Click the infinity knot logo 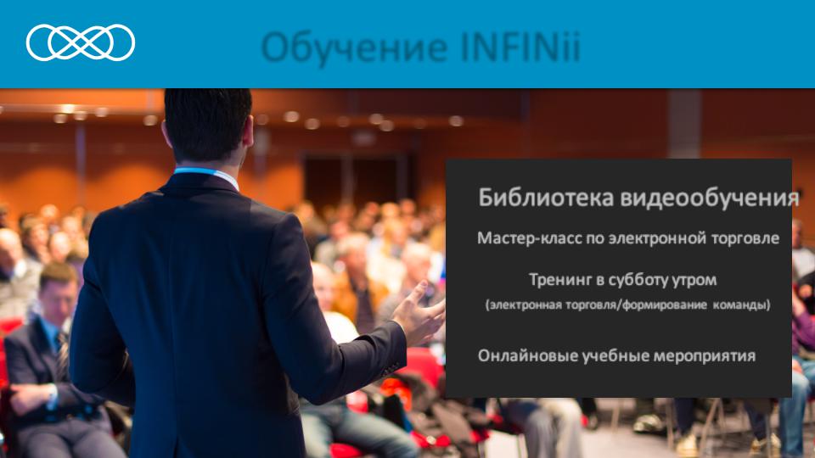pyautogui.click(x=81, y=42)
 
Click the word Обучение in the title pyautogui.click(x=355, y=47)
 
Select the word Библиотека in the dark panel pyautogui.click(x=546, y=198)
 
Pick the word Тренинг pyautogui.click(x=559, y=281)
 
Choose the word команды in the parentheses pyautogui.click(x=741, y=304)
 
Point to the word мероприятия pyautogui.click(x=705, y=356)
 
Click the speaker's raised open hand pyautogui.click(x=420, y=311)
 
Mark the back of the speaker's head pyautogui.click(x=208, y=125)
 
